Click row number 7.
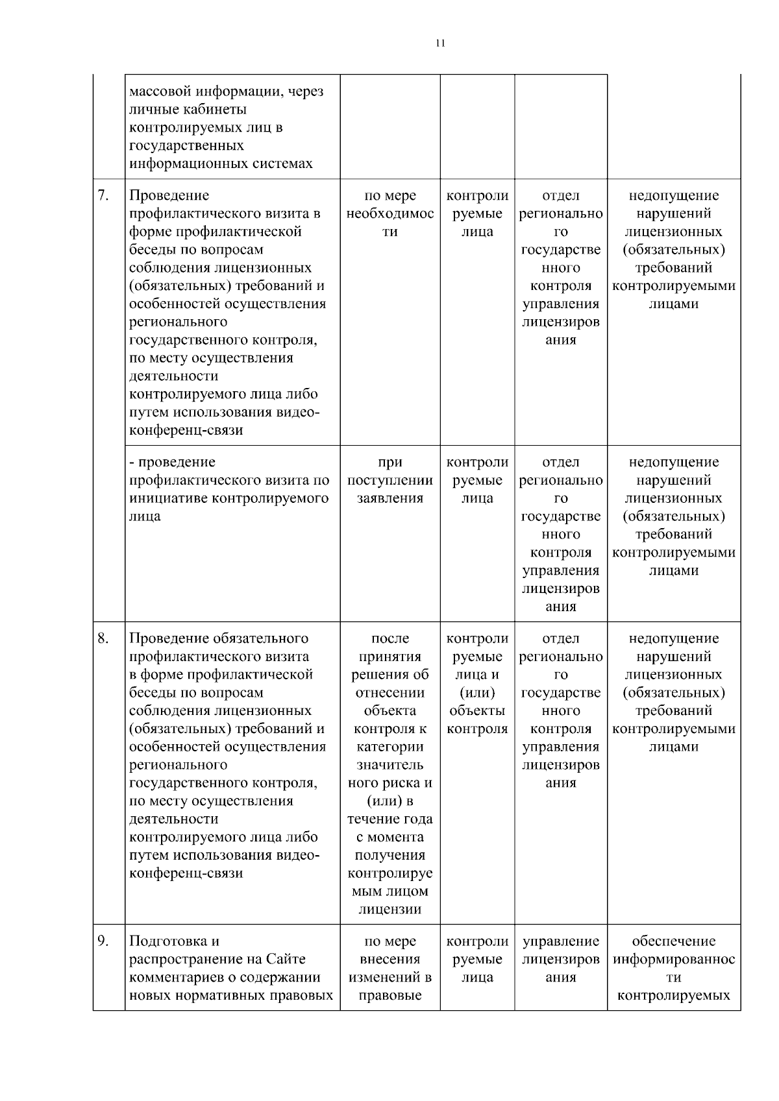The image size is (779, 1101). coord(103,195)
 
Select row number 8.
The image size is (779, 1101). coord(103,638)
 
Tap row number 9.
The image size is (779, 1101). coord(103,941)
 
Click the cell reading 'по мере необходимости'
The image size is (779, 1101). coord(389,213)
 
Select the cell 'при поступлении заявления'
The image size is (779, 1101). coord(389,480)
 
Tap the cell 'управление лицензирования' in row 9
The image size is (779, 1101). coord(561,959)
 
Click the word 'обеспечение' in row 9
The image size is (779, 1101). coord(673,941)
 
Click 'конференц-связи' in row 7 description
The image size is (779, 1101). coord(186,430)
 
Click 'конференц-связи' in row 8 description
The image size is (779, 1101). coord(186,873)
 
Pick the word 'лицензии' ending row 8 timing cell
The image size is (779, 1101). coord(389,909)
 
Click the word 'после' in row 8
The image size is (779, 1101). coord(389,638)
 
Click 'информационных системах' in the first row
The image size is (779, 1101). coord(221,163)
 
